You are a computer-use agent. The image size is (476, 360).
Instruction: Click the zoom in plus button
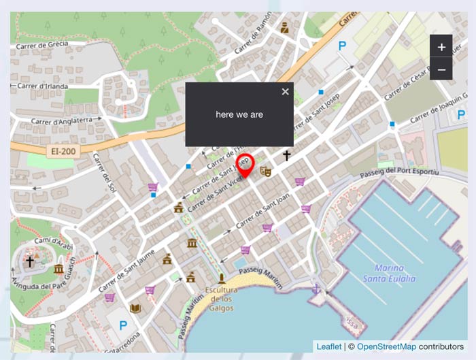[441, 47]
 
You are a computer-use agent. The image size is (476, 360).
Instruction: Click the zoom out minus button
[441, 69]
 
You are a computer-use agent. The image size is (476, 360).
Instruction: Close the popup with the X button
[286, 92]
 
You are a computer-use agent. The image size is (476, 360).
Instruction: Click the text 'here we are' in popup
[239, 114]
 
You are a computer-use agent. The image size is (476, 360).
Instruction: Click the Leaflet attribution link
[329, 347]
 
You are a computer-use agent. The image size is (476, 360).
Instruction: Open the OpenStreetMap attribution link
[386, 347]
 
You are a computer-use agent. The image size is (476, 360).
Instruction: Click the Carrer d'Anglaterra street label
[63, 120]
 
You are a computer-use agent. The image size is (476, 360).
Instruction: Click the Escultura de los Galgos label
[219, 299]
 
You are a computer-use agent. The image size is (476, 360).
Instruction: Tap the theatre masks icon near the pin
[266, 171]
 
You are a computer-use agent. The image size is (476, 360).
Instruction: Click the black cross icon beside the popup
[287, 156]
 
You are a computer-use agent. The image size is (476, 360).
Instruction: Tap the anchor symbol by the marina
[316, 289]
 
